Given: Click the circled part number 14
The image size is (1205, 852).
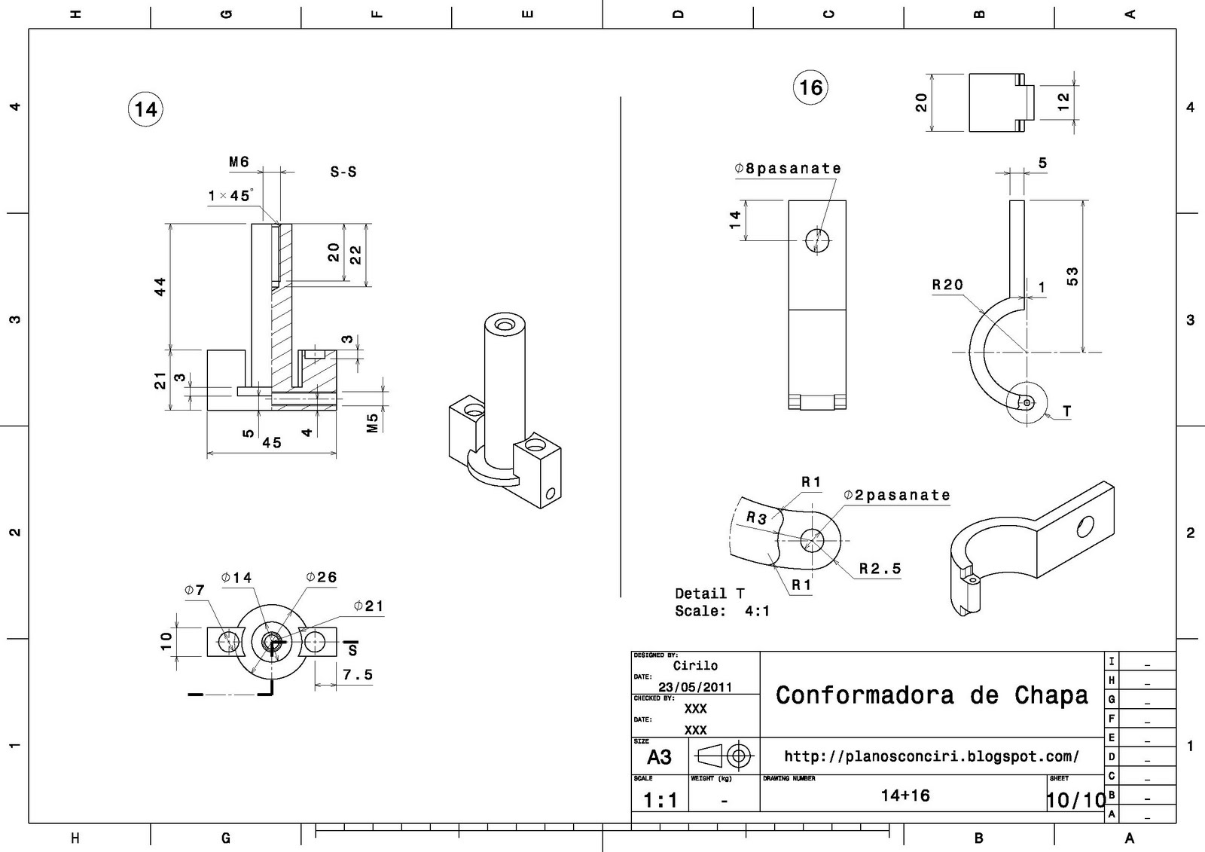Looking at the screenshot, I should click(145, 109).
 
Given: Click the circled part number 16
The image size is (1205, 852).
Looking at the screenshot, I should click(810, 87).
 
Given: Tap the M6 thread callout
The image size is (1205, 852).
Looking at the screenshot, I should click(239, 162).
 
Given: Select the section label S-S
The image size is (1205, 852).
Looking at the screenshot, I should click(343, 172).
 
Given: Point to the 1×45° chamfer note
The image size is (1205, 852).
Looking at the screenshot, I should click(230, 196).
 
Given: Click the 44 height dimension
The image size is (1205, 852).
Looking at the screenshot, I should click(160, 286).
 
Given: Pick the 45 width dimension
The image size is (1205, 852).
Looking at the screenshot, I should click(271, 443).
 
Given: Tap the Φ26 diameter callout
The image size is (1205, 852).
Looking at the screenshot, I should click(322, 577).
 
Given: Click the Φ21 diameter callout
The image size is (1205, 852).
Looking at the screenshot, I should click(369, 606).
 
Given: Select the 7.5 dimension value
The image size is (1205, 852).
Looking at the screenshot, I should click(358, 675).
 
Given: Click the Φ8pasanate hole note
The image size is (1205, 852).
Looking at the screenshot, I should click(788, 169).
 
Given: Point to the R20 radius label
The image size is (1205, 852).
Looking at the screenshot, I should click(947, 285).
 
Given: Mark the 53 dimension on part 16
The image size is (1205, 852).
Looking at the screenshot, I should click(1072, 276).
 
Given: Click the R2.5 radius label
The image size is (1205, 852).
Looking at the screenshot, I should click(880, 569).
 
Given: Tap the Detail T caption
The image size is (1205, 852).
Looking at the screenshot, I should click(709, 594).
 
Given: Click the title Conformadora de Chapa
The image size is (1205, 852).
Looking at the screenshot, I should click(932, 695).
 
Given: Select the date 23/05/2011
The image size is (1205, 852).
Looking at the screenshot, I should click(695, 687).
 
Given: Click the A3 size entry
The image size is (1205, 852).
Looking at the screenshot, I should click(659, 757).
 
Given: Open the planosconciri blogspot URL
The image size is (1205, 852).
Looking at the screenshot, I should click(932, 756).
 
